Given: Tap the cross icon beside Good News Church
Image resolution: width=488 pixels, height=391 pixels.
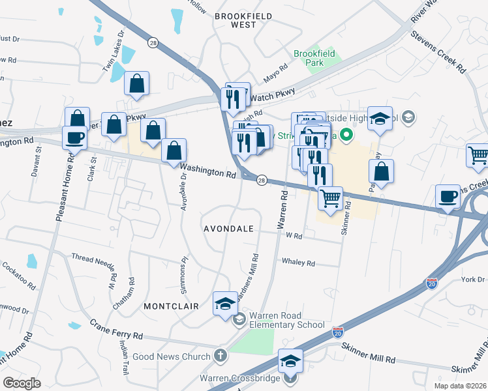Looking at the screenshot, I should [x=221, y=356].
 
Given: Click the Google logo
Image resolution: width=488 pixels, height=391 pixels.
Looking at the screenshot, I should [x=22, y=383].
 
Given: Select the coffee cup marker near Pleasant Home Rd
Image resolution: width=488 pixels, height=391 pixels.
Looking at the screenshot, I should [x=74, y=138].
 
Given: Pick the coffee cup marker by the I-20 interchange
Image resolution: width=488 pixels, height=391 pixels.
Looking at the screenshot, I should [x=448, y=196].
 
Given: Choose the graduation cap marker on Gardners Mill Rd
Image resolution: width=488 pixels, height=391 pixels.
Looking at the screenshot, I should [x=226, y=304].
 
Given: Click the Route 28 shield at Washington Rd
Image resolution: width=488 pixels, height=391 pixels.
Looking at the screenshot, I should [x=261, y=180].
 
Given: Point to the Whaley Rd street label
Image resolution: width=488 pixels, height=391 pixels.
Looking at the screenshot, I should [x=298, y=263].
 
